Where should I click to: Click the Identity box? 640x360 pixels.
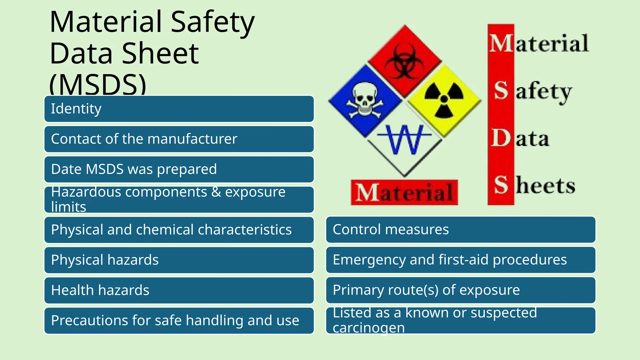click(179, 109)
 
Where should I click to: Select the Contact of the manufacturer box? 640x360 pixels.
click(179, 139)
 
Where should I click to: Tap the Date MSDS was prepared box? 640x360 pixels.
click(179, 169)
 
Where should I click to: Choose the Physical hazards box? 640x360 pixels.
click(179, 260)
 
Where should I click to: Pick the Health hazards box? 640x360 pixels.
click(179, 290)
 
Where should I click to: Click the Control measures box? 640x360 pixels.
click(461, 230)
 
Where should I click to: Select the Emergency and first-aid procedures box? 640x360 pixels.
click(461, 260)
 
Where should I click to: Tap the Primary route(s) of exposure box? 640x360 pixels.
click(461, 290)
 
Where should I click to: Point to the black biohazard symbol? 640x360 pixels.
click(405, 61)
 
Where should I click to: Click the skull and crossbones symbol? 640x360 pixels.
click(365, 101)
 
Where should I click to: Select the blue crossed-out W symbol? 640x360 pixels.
click(405, 139)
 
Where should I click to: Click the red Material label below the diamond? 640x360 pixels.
click(404, 192)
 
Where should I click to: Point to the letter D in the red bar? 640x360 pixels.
click(501, 138)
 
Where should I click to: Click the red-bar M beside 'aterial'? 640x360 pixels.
click(501, 43)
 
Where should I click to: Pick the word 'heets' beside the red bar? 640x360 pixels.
click(545, 186)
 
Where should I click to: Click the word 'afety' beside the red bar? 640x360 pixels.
click(544, 92)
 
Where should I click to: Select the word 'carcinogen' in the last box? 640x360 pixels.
click(369, 328)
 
